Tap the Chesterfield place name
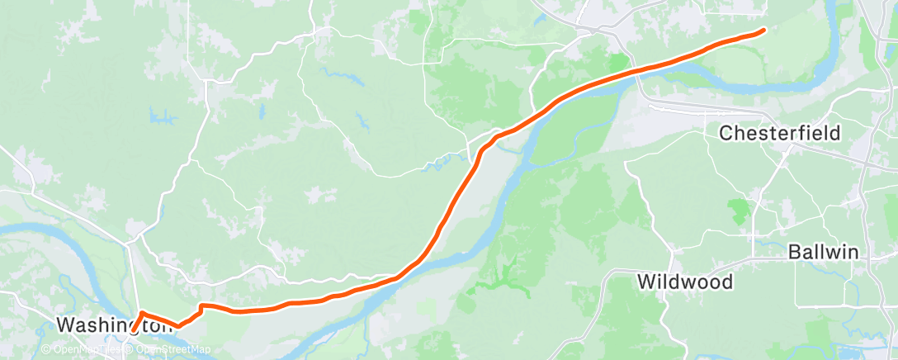(x=780, y=133)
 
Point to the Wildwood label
(x=685, y=282)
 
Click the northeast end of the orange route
(x=763, y=31)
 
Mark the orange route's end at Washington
(x=131, y=331)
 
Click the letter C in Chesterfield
(x=725, y=133)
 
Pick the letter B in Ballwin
(x=794, y=252)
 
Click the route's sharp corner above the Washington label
(x=142, y=313)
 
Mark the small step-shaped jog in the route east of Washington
(x=201, y=309)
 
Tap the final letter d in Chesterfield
(x=835, y=133)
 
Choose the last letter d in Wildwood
(x=726, y=282)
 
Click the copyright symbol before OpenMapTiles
(x=46, y=350)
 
